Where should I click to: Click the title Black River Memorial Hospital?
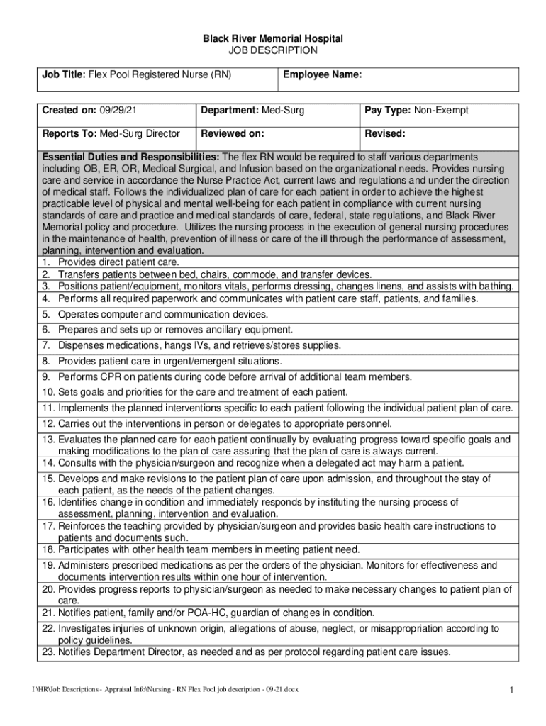point(273,38)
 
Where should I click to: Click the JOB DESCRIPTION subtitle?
point(273,51)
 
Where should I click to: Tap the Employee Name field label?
point(323,74)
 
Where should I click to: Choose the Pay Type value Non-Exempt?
point(441,111)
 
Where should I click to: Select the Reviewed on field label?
point(233,133)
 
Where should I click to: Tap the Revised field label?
point(385,133)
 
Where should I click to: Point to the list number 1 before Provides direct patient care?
point(45,262)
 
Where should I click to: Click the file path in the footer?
point(160,689)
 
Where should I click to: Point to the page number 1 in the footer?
point(511,689)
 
